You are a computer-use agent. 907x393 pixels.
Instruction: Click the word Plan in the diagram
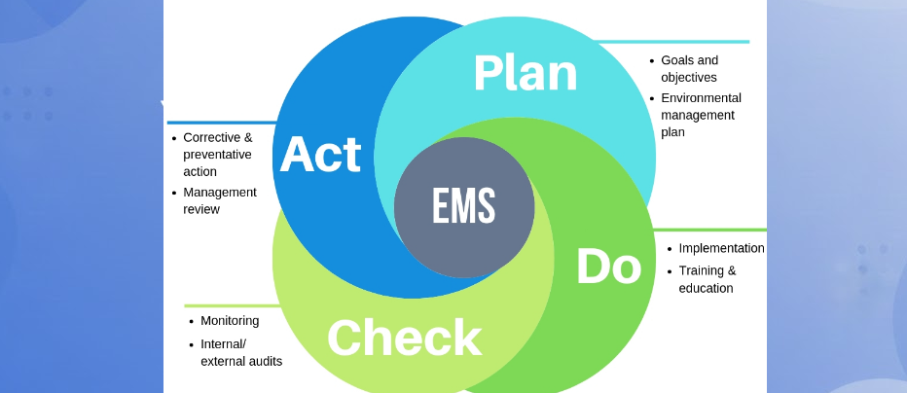click(x=525, y=73)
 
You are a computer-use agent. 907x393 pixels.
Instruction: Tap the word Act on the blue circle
click(x=320, y=155)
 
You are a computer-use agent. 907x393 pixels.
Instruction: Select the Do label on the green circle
click(x=608, y=267)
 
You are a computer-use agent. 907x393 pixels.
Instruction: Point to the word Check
click(x=404, y=338)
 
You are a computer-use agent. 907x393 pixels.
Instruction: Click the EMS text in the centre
click(x=464, y=206)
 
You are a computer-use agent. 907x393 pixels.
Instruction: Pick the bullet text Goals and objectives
click(x=689, y=68)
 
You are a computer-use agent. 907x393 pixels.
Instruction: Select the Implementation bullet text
click(x=721, y=248)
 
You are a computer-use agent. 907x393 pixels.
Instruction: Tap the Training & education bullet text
click(x=707, y=279)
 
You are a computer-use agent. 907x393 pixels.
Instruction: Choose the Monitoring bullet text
click(x=230, y=321)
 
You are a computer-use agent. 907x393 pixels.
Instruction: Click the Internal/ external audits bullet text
click(x=240, y=352)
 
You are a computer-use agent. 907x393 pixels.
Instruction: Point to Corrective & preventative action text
click(x=217, y=155)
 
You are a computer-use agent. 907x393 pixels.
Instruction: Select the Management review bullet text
click(x=219, y=200)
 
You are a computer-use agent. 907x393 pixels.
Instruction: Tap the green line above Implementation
click(x=710, y=230)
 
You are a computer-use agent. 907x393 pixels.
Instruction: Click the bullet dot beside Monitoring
click(x=191, y=322)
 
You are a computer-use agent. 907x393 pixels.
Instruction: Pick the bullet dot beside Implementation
click(x=670, y=249)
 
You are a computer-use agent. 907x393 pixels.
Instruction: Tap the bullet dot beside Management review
click(x=174, y=194)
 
